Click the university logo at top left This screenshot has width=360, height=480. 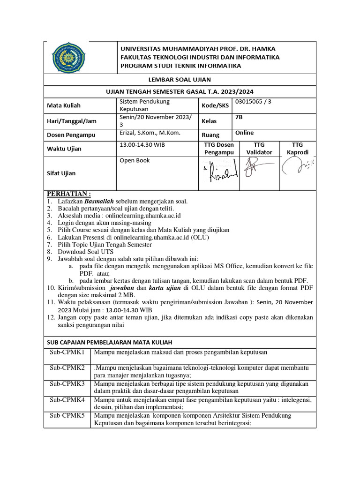click(x=68, y=57)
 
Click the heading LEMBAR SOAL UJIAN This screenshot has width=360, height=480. click(x=180, y=80)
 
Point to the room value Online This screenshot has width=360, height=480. click(x=244, y=133)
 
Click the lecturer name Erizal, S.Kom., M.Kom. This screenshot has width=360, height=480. click(x=150, y=133)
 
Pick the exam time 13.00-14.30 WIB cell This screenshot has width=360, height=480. click(x=142, y=145)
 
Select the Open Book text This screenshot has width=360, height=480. click(x=135, y=160)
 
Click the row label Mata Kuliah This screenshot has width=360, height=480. click(x=64, y=105)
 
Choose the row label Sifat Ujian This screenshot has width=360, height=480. click(x=62, y=173)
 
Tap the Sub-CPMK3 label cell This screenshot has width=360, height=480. click(x=68, y=383)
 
